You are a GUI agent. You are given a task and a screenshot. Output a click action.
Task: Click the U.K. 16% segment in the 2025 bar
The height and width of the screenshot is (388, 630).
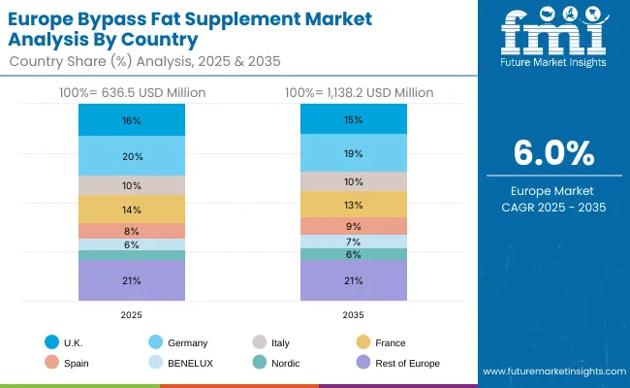point(132,120)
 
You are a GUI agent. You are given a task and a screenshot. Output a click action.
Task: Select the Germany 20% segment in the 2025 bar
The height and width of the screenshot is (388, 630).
point(132,156)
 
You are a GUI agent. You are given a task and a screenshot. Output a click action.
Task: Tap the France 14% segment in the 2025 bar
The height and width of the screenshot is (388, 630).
point(132,210)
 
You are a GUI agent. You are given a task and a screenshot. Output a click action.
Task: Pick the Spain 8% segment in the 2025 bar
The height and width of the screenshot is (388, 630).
point(132,231)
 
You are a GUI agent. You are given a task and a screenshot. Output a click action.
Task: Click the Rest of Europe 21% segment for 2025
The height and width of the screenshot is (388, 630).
point(132,280)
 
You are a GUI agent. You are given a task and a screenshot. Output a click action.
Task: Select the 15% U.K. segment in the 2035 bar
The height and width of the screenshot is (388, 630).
point(353,119)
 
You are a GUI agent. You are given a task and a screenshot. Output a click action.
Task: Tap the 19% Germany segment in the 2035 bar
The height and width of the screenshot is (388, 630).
point(353,153)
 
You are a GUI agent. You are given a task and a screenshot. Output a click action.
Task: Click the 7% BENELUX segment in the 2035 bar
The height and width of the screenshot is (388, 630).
point(353,242)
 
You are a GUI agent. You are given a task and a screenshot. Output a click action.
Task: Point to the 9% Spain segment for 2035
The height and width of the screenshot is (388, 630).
point(353,226)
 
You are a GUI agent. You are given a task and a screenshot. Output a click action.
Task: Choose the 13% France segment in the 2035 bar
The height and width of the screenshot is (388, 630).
point(353,205)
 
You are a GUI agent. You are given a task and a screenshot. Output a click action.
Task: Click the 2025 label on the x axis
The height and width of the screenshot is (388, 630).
point(132,314)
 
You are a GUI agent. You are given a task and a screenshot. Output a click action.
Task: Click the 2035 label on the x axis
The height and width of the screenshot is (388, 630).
point(353,314)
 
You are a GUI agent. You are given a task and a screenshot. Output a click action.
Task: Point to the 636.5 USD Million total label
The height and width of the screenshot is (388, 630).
point(132,92)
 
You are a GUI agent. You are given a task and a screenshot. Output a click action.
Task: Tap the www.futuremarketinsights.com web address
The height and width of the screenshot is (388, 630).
point(551,372)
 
